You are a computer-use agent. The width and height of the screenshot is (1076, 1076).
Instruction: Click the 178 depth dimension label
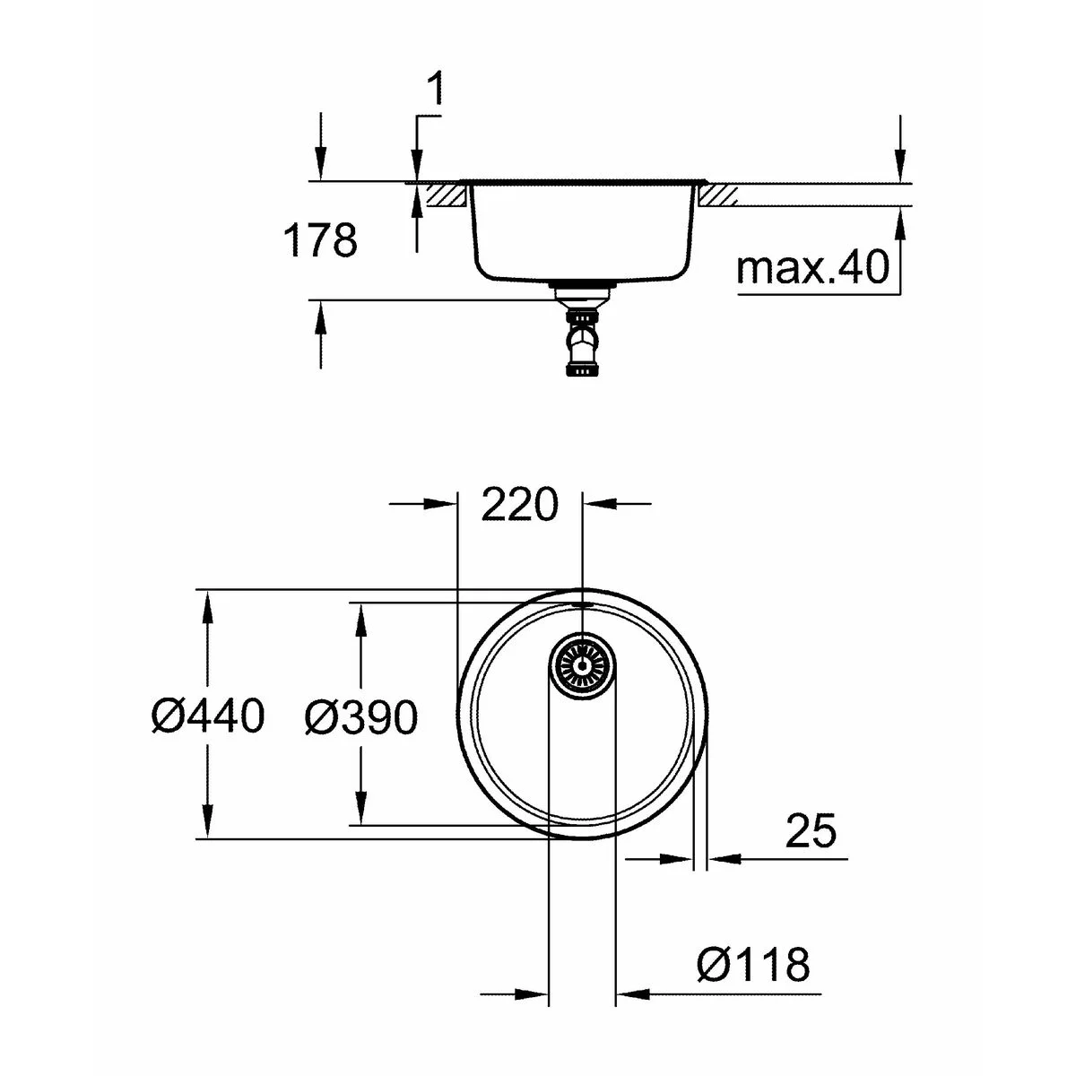[x=320, y=240]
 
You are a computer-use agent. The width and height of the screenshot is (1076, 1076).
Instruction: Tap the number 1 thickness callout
[x=435, y=92]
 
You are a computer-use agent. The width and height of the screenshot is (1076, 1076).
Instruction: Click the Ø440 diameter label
[x=208, y=716]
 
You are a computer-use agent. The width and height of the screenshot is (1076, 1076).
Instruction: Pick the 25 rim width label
[x=810, y=830]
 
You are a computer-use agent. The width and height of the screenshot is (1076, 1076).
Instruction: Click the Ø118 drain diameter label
[x=752, y=966]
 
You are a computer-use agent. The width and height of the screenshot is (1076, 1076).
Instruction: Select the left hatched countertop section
[x=446, y=195]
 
